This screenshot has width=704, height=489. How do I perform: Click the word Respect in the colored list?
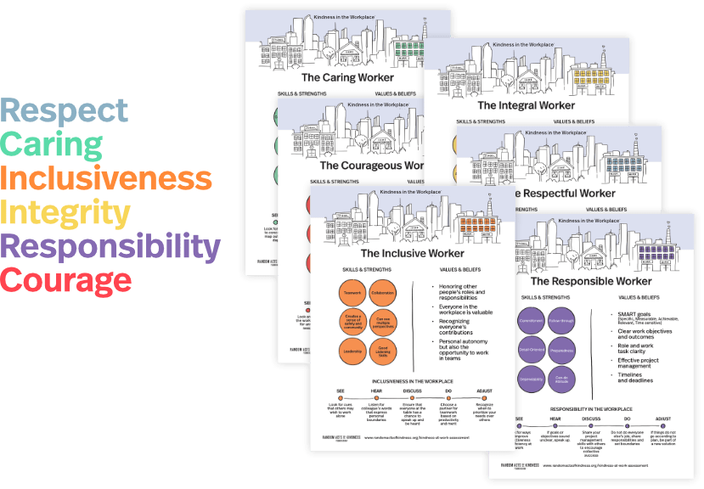pyautogui.click(x=65, y=110)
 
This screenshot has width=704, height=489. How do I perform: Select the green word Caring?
pyautogui.click(x=52, y=144)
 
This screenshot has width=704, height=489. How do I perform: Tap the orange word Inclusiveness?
pyautogui.click(x=106, y=178)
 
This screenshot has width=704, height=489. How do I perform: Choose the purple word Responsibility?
pyautogui.click(x=110, y=246)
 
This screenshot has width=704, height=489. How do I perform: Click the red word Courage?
pyautogui.click(x=66, y=279)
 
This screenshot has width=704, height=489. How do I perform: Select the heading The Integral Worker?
pyautogui.click(x=526, y=105)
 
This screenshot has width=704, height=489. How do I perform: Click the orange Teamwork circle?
pyautogui.click(x=352, y=293)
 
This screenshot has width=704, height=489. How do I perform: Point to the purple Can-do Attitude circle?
pyautogui.click(x=562, y=378)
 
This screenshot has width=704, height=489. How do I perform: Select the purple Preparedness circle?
pyautogui.click(x=562, y=349)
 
